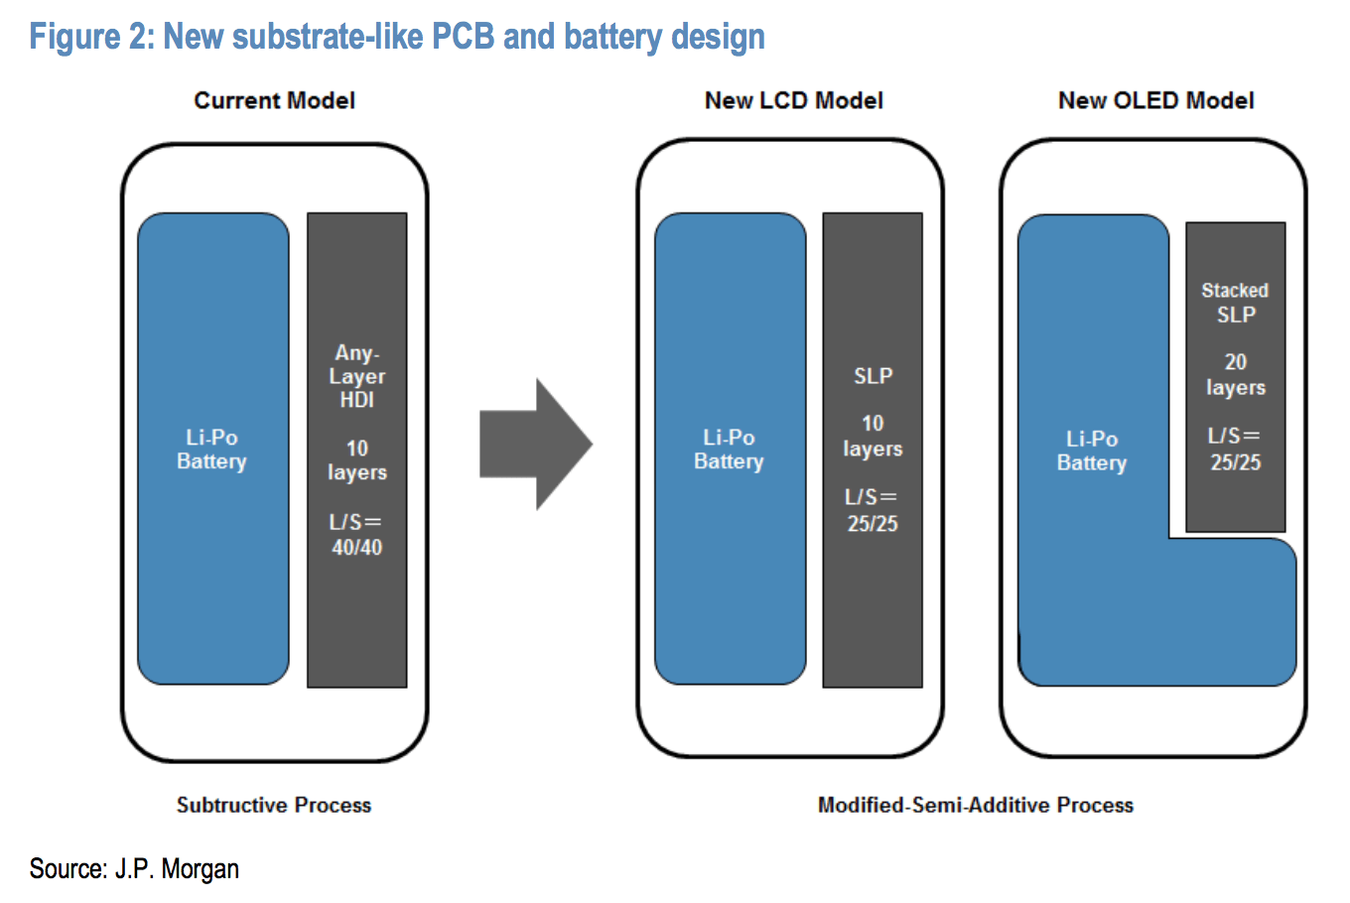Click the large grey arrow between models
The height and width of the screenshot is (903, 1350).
(x=534, y=445)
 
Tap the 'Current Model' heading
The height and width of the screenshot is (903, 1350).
(x=274, y=101)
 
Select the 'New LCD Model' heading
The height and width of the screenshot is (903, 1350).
(x=793, y=101)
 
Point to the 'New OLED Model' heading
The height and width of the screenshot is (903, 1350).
(x=1155, y=101)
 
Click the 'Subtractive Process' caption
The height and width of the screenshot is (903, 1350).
(x=274, y=805)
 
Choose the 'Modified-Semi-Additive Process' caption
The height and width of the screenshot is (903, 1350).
(x=975, y=805)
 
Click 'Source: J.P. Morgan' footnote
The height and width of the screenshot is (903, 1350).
(x=134, y=869)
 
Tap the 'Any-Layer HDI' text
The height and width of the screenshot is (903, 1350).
(x=357, y=376)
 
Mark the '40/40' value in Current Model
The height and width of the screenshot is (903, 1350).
(x=357, y=547)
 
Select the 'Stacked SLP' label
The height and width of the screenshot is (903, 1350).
(x=1236, y=303)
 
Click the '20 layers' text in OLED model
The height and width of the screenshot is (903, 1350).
(x=1236, y=374)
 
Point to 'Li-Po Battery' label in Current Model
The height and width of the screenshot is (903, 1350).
(x=211, y=450)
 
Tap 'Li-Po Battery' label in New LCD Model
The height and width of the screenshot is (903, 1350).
(x=729, y=450)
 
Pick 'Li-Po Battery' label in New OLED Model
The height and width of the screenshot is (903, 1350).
(x=1092, y=451)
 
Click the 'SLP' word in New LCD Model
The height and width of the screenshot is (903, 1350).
(x=873, y=376)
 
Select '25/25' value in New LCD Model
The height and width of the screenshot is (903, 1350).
(x=873, y=523)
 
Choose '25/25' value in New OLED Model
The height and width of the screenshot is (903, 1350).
(x=1236, y=461)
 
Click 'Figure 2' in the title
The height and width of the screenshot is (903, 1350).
(x=89, y=37)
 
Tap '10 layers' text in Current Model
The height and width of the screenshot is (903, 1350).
(x=357, y=460)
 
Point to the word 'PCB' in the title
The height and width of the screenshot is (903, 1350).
(x=463, y=37)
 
